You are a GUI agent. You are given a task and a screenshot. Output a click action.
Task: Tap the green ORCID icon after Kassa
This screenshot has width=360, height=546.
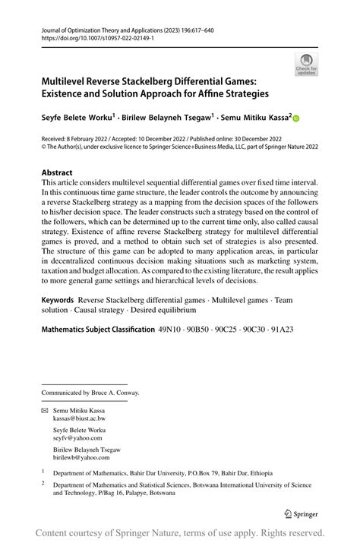tap(296, 118)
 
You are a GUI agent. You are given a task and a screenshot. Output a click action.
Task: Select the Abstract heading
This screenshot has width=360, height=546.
tap(57, 172)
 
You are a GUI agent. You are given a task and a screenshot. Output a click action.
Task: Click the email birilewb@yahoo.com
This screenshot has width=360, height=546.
tap(81, 457)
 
